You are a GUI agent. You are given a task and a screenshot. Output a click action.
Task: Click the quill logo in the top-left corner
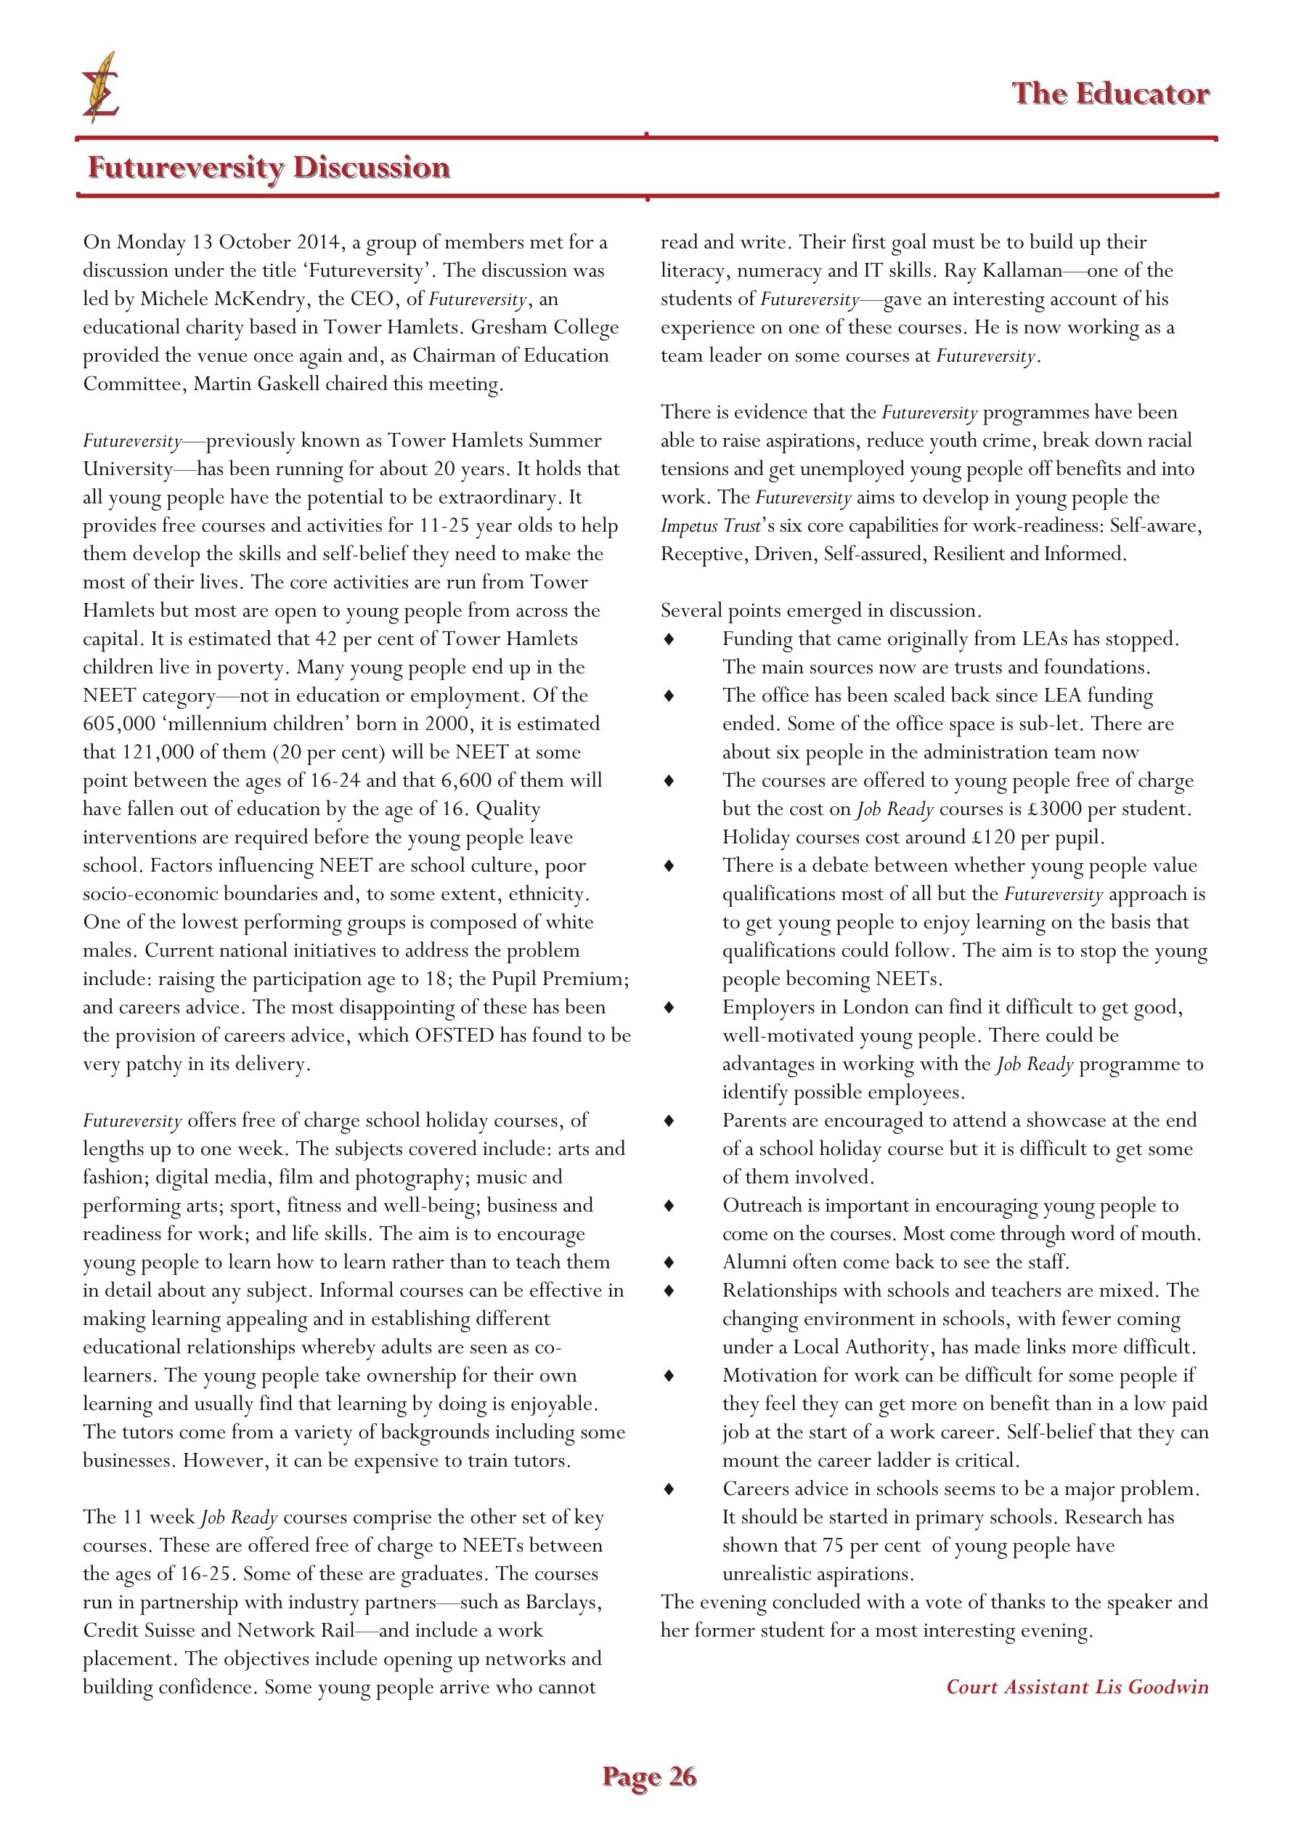click(101, 87)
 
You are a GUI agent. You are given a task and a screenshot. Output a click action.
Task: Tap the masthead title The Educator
click(1110, 94)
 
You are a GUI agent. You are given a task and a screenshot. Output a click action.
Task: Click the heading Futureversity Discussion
click(269, 167)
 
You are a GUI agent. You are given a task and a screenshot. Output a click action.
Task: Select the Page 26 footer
click(649, 1776)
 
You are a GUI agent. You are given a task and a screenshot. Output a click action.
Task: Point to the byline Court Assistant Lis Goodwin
click(1076, 1686)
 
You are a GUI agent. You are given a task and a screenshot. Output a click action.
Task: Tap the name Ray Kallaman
click(1003, 271)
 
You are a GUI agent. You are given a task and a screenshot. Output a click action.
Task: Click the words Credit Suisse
click(152, 1630)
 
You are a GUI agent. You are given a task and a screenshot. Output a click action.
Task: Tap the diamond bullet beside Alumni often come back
click(669, 1262)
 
